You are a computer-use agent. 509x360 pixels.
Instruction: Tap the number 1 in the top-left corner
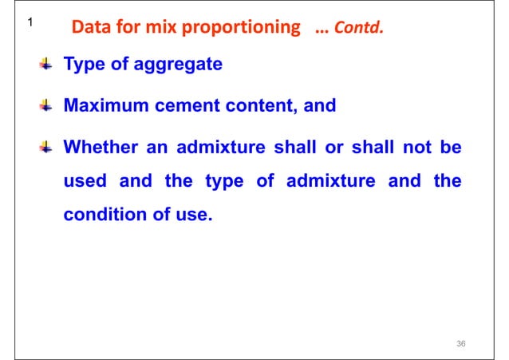29,24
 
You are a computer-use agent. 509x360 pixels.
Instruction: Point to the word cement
191,105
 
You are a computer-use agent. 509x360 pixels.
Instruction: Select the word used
85,180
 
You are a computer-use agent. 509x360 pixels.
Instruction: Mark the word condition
100,214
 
